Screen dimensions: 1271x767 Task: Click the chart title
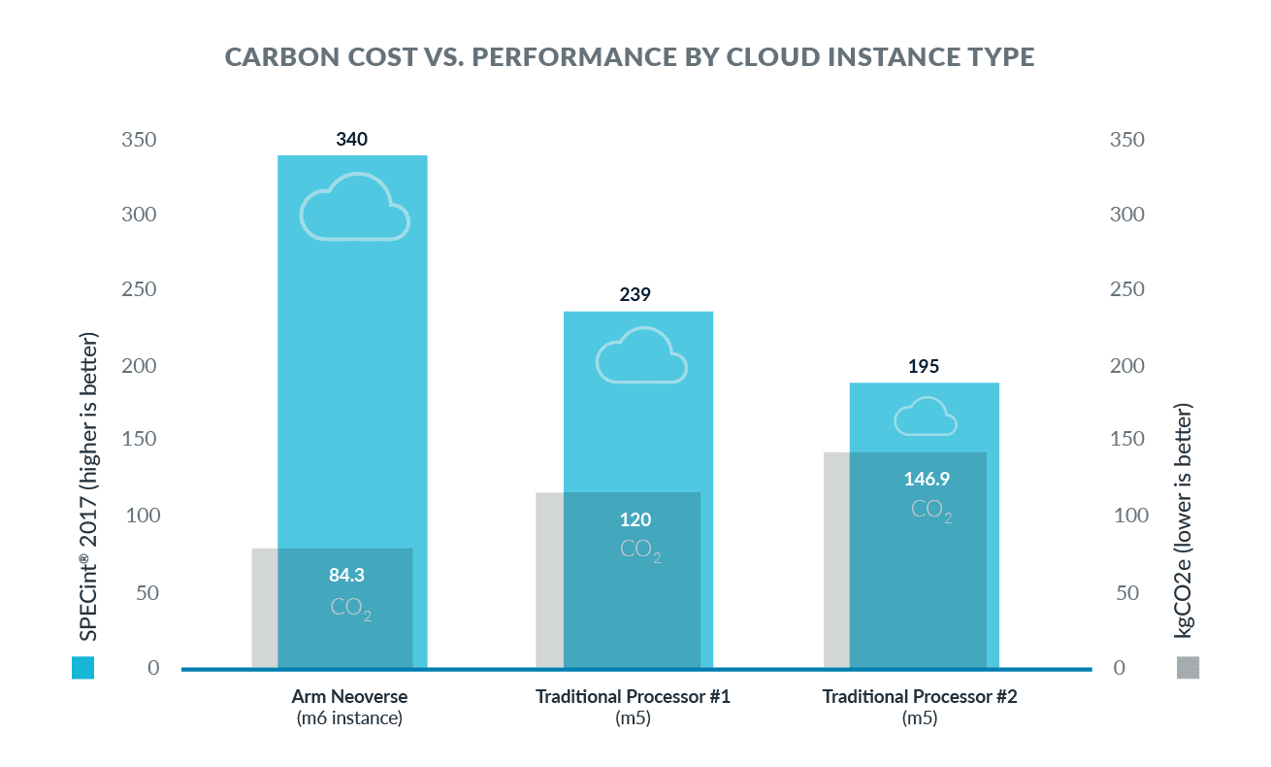pyautogui.click(x=630, y=56)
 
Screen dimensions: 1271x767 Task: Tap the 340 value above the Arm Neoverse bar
pyautogui.click(x=352, y=139)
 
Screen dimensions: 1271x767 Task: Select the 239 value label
pyautogui.click(x=635, y=294)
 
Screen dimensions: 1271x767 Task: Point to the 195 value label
pyautogui.click(x=924, y=366)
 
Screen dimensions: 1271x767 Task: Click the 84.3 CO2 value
pyautogui.click(x=346, y=575)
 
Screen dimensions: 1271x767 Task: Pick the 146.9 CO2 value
pyautogui.click(x=927, y=480)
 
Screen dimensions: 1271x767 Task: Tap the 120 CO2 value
pyautogui.click(x=635, y=519)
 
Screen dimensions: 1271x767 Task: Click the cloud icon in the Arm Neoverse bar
pyautogui.click(x=355, y=206)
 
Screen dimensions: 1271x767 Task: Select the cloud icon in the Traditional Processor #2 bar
pyautogui.click(x=926, y=417)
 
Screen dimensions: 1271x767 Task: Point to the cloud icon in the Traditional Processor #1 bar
pyautogui.click(x=641, y=354)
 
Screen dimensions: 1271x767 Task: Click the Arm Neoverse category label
pyautogui.click(x=349, y=707)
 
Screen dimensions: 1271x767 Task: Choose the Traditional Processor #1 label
pyautogui.click(x=633, y=707)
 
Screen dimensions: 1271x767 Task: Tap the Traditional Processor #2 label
pyautogui.click(x=920, y=707)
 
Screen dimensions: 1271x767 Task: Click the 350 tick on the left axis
pyautogui.click(x=139, y=140)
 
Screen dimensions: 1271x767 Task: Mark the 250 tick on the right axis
pyautogui.click(x=1126, y=289)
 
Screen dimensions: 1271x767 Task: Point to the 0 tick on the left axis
pyautogui.click(x=153, y=668)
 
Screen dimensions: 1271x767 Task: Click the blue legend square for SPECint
pyautogui.click(x=82, y=668)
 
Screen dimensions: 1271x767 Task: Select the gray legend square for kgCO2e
pyautogui.click(x=1189, y=668)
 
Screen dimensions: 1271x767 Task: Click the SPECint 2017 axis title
pyautogui.click(x=88, y=486)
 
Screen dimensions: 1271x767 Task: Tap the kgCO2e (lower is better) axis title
pyautogui.click(x=1184, y=520)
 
